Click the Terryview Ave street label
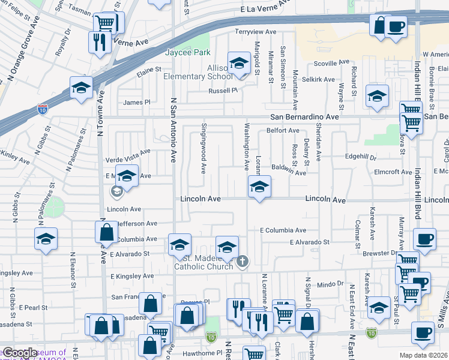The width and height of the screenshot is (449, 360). pyautogui.click(x=256, y=31)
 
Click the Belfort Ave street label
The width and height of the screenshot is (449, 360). pyautogui.click(x=283, y=130)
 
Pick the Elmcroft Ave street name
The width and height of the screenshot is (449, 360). pyautogui.click(x=393, y=172)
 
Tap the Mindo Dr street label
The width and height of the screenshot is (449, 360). pyautogui.click(x=330, y=283)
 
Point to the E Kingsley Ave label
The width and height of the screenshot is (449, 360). pyautogui.click(x=131, y=276)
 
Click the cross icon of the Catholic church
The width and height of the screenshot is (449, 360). pyautogui.click(x=243, y=261)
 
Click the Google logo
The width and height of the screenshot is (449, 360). pyautogui.click(x=20, y=353)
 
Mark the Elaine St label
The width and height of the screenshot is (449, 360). pyautogui.click(x=149, y=71)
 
